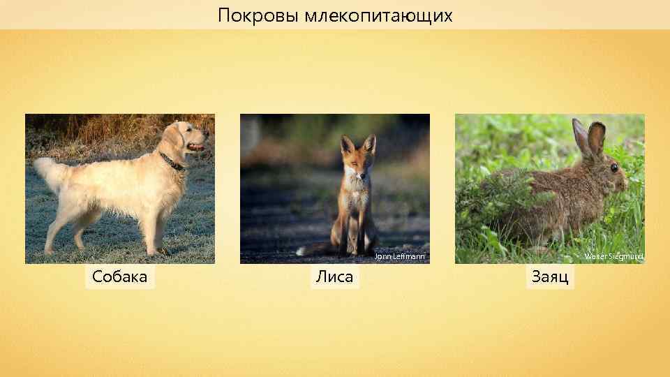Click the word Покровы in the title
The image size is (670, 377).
point(258,15)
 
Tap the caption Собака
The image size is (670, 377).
point(120,277)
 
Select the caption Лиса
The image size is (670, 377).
point(334,277)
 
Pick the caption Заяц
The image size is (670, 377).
point(550,277)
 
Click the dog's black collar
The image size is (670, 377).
point(172,162)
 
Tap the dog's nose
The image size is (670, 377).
point(207,131)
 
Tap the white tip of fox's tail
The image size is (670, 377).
point(301,250)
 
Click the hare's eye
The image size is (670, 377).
point(613,168)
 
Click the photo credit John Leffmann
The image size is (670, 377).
point(399,257)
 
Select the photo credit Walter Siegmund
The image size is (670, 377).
point(613,257)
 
